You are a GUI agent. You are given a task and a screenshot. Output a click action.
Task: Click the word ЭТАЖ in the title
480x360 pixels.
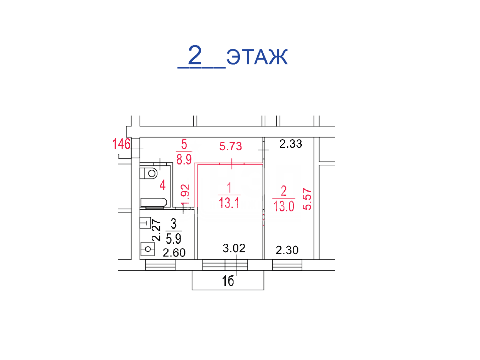(257, 57)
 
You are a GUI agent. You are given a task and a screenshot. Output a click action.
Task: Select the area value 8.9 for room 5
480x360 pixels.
(184, 159)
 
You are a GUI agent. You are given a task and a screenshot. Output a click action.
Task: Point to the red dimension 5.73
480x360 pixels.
(230, 146)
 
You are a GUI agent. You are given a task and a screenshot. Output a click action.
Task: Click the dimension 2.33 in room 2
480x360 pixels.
(291, 144)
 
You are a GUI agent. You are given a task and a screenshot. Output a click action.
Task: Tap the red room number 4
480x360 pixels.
(162, 185)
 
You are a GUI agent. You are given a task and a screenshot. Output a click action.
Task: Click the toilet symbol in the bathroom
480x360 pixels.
(149, 173)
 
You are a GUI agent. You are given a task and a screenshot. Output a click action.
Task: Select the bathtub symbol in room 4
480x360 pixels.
(153, 202)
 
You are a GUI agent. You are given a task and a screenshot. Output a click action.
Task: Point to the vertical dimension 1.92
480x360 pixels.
(185, 195)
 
